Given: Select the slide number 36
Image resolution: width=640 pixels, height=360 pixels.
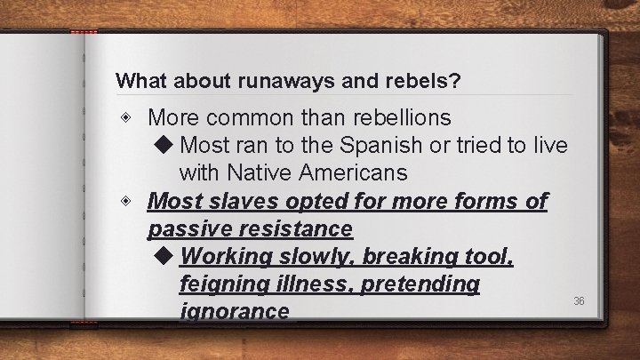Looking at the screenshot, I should [579, 301].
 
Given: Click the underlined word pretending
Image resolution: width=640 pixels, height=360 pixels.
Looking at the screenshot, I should [418, 284].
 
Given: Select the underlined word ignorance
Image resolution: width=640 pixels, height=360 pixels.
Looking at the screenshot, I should [234, 311].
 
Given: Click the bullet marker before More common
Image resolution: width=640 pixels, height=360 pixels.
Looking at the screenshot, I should [130, 117].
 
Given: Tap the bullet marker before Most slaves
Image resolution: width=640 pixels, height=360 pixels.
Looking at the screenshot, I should [130, 202].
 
